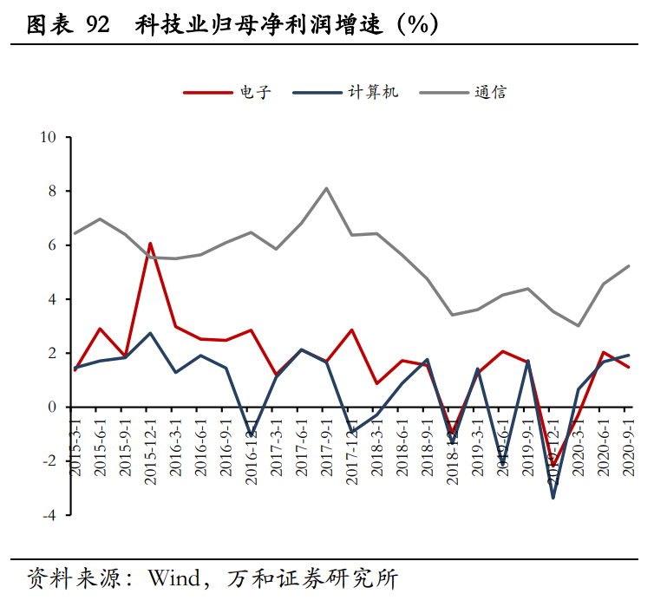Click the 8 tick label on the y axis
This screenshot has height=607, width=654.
(51, 191)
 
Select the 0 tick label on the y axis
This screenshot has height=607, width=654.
(51, 407)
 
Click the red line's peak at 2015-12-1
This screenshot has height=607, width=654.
(150, 244)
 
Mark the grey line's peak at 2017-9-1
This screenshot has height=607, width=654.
(326, 188)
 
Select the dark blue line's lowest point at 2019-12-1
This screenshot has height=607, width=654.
(553, 497)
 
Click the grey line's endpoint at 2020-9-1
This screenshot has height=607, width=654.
(629, 266)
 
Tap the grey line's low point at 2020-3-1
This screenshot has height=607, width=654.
(579, 326)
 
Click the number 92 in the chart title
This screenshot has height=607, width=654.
(98, 25)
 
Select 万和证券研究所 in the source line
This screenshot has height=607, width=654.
(312, 577)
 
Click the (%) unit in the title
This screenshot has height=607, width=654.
(417, 25)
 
